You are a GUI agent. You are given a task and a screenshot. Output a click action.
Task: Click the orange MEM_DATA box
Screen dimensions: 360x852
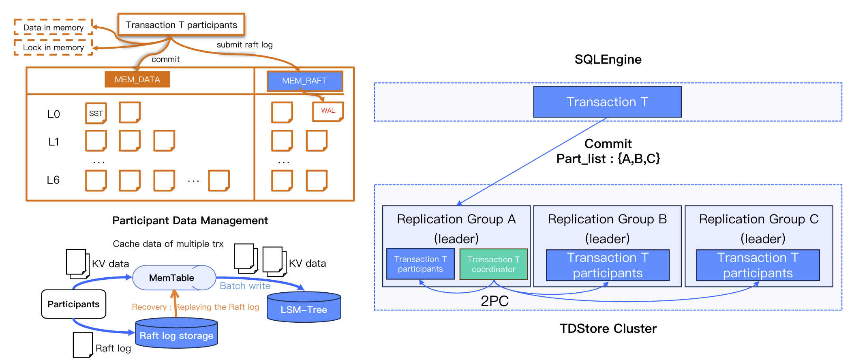coord(137,79)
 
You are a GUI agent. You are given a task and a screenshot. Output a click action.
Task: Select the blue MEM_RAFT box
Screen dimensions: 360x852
coord(304,81)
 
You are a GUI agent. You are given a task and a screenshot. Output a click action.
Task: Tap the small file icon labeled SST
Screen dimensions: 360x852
coord(96,113)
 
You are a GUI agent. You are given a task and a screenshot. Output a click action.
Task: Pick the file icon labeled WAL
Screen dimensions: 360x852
coord(328,111)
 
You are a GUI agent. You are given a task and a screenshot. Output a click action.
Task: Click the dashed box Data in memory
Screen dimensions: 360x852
coord(53,28)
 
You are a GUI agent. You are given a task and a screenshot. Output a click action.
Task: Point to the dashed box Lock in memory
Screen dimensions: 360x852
coord(53,47)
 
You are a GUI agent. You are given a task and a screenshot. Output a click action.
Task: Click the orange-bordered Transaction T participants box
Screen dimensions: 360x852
coord(181,25)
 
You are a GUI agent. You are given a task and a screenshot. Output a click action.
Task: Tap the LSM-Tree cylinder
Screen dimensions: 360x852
coord(304,308)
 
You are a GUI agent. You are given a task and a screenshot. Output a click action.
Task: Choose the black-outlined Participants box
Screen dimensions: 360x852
coord(73,304)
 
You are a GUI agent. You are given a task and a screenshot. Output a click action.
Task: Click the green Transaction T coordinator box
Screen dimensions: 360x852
coord(493,264)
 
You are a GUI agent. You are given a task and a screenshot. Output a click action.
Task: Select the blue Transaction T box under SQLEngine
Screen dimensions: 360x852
coord(607,102)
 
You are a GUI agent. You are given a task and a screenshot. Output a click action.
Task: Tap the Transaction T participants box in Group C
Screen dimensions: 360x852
coord(758,265)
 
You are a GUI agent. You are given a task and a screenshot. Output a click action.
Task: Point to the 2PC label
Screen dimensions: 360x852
coord(494,301)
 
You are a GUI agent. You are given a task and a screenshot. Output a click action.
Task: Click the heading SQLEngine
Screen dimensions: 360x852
coord(608,60)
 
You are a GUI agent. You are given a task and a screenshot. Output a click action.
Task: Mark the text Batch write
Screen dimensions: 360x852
coord(245,286)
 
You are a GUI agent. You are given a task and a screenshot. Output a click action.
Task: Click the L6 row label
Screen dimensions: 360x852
coord(53,180)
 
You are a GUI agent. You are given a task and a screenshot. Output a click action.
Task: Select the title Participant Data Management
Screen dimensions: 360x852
coord(190,221)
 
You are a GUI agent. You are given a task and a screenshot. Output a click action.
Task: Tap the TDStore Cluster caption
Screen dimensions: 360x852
coord(608,328)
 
